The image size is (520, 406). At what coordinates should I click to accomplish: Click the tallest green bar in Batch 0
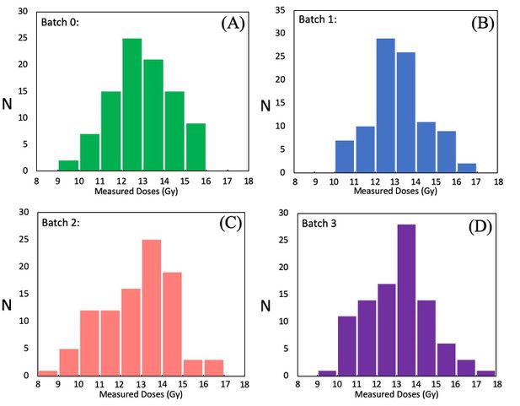(x=131, y=105)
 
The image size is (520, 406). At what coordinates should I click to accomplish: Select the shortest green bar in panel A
(x=67, y=165)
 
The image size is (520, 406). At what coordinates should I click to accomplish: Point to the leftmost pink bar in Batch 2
(x=48, y=373)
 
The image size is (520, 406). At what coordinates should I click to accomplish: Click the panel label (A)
(x=233, y=24)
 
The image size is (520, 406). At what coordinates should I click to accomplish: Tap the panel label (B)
(x=482, y=24)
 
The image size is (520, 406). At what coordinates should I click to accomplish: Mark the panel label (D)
(x=482, y=225)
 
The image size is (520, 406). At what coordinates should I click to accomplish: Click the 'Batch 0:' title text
(x=59, y=23)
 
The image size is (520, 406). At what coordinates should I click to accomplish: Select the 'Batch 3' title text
(x=318, y=223)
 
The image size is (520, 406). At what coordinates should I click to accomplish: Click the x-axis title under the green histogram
(x=141, y=192)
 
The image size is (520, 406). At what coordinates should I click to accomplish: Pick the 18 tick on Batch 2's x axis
(x=245, y=384)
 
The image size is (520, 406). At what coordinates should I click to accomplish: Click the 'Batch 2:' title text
(x=62, y=223)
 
